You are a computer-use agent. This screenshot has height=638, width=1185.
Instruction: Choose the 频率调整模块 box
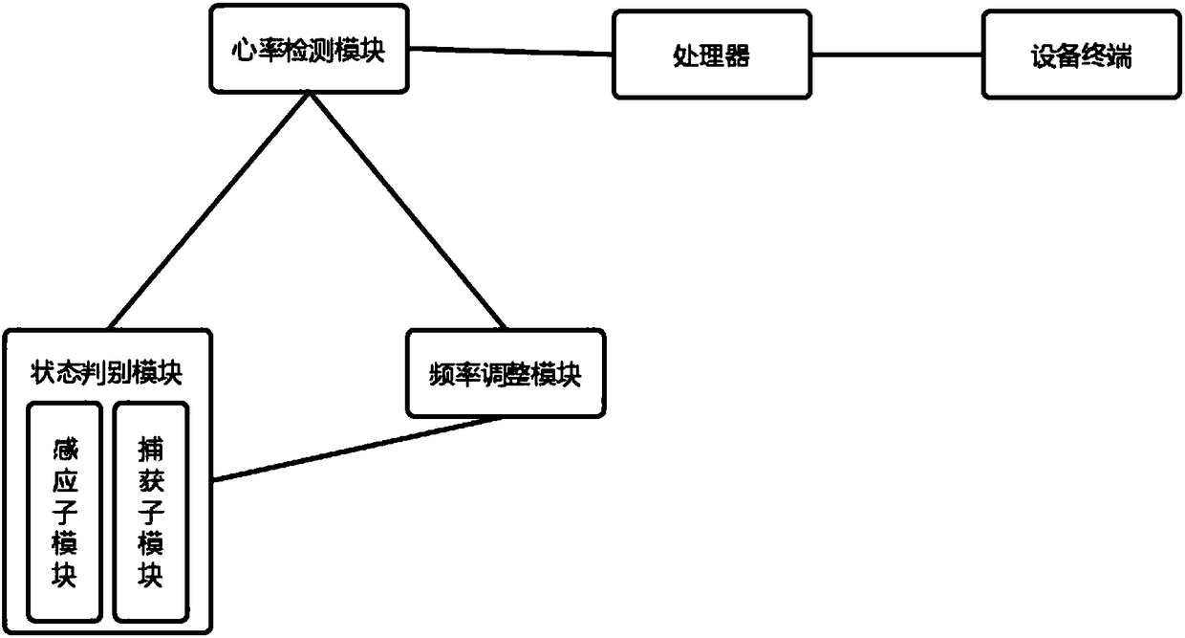coord(506,374)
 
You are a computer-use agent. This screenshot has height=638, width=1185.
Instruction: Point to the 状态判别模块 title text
coord(107,372)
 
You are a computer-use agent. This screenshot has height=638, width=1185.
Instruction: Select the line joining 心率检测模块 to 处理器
coord(511,52)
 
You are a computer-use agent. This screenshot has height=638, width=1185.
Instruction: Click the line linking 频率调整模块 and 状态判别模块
coord(358,449)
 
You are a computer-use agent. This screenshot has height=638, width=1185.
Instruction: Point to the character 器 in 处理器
coord(737,56)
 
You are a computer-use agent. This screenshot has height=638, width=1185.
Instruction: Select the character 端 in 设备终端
coord(1120,56)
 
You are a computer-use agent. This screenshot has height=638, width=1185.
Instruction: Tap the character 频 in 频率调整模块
coord(441,375)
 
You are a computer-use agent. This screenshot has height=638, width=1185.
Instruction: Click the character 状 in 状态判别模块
coord(42,372)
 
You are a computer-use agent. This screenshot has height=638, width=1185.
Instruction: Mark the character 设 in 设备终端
coord(1042,56)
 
